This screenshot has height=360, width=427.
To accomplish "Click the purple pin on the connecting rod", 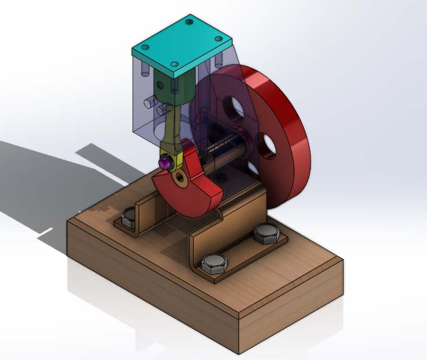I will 164,163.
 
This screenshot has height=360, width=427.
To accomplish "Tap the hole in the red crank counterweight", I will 179,178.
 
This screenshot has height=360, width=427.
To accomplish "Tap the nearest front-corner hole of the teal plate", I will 174,64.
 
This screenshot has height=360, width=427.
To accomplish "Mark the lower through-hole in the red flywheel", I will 268,146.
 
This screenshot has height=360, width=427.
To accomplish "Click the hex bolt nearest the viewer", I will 213,263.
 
